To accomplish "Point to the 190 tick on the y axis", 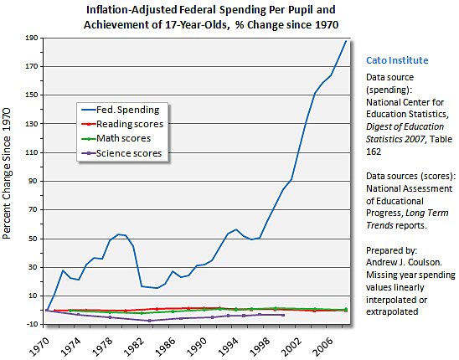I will [x=34, y=38].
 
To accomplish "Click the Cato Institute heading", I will [x=397, y=61].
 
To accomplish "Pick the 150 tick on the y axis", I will [x=34, y=95].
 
